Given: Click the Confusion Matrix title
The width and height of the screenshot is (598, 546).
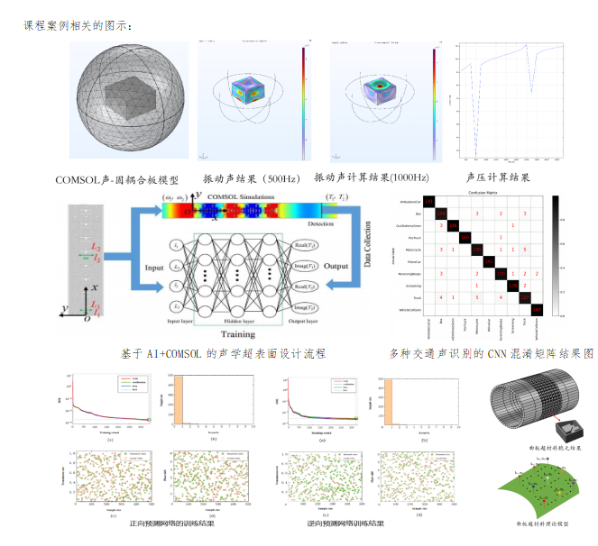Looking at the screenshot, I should pyautogui.click(x=485, y=194).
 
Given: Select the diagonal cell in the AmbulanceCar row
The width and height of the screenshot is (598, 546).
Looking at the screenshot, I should pyautogui.click(x=429, y=201).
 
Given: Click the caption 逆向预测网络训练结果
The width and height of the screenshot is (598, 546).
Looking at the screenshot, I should pyautogui.click(x=345, y=523).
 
